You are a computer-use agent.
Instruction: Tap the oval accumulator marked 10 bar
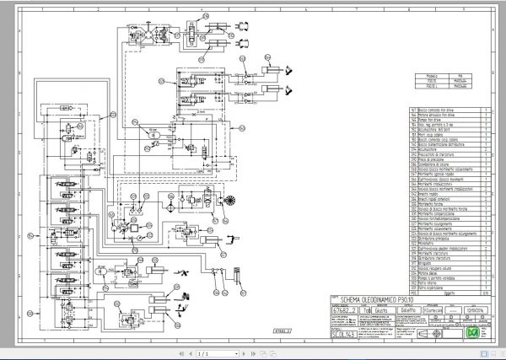[x=153, y=132]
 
